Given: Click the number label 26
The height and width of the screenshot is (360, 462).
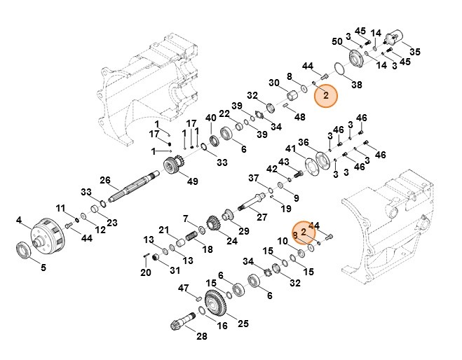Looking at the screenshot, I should pos(105,180).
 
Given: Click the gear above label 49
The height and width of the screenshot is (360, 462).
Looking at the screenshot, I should pos(172,167).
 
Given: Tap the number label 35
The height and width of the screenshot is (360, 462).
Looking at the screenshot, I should pos(415,52).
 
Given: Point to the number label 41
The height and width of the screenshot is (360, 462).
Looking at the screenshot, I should pos(290,148).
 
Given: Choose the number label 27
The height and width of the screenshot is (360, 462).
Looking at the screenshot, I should pos(261,216).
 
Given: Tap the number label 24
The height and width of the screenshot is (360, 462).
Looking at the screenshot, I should pos(232,242).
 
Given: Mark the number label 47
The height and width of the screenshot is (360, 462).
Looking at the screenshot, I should pos(184,288).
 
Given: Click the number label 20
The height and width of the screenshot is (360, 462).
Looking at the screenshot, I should pos(146,272).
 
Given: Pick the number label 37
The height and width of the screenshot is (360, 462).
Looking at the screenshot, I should pos(254,179).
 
